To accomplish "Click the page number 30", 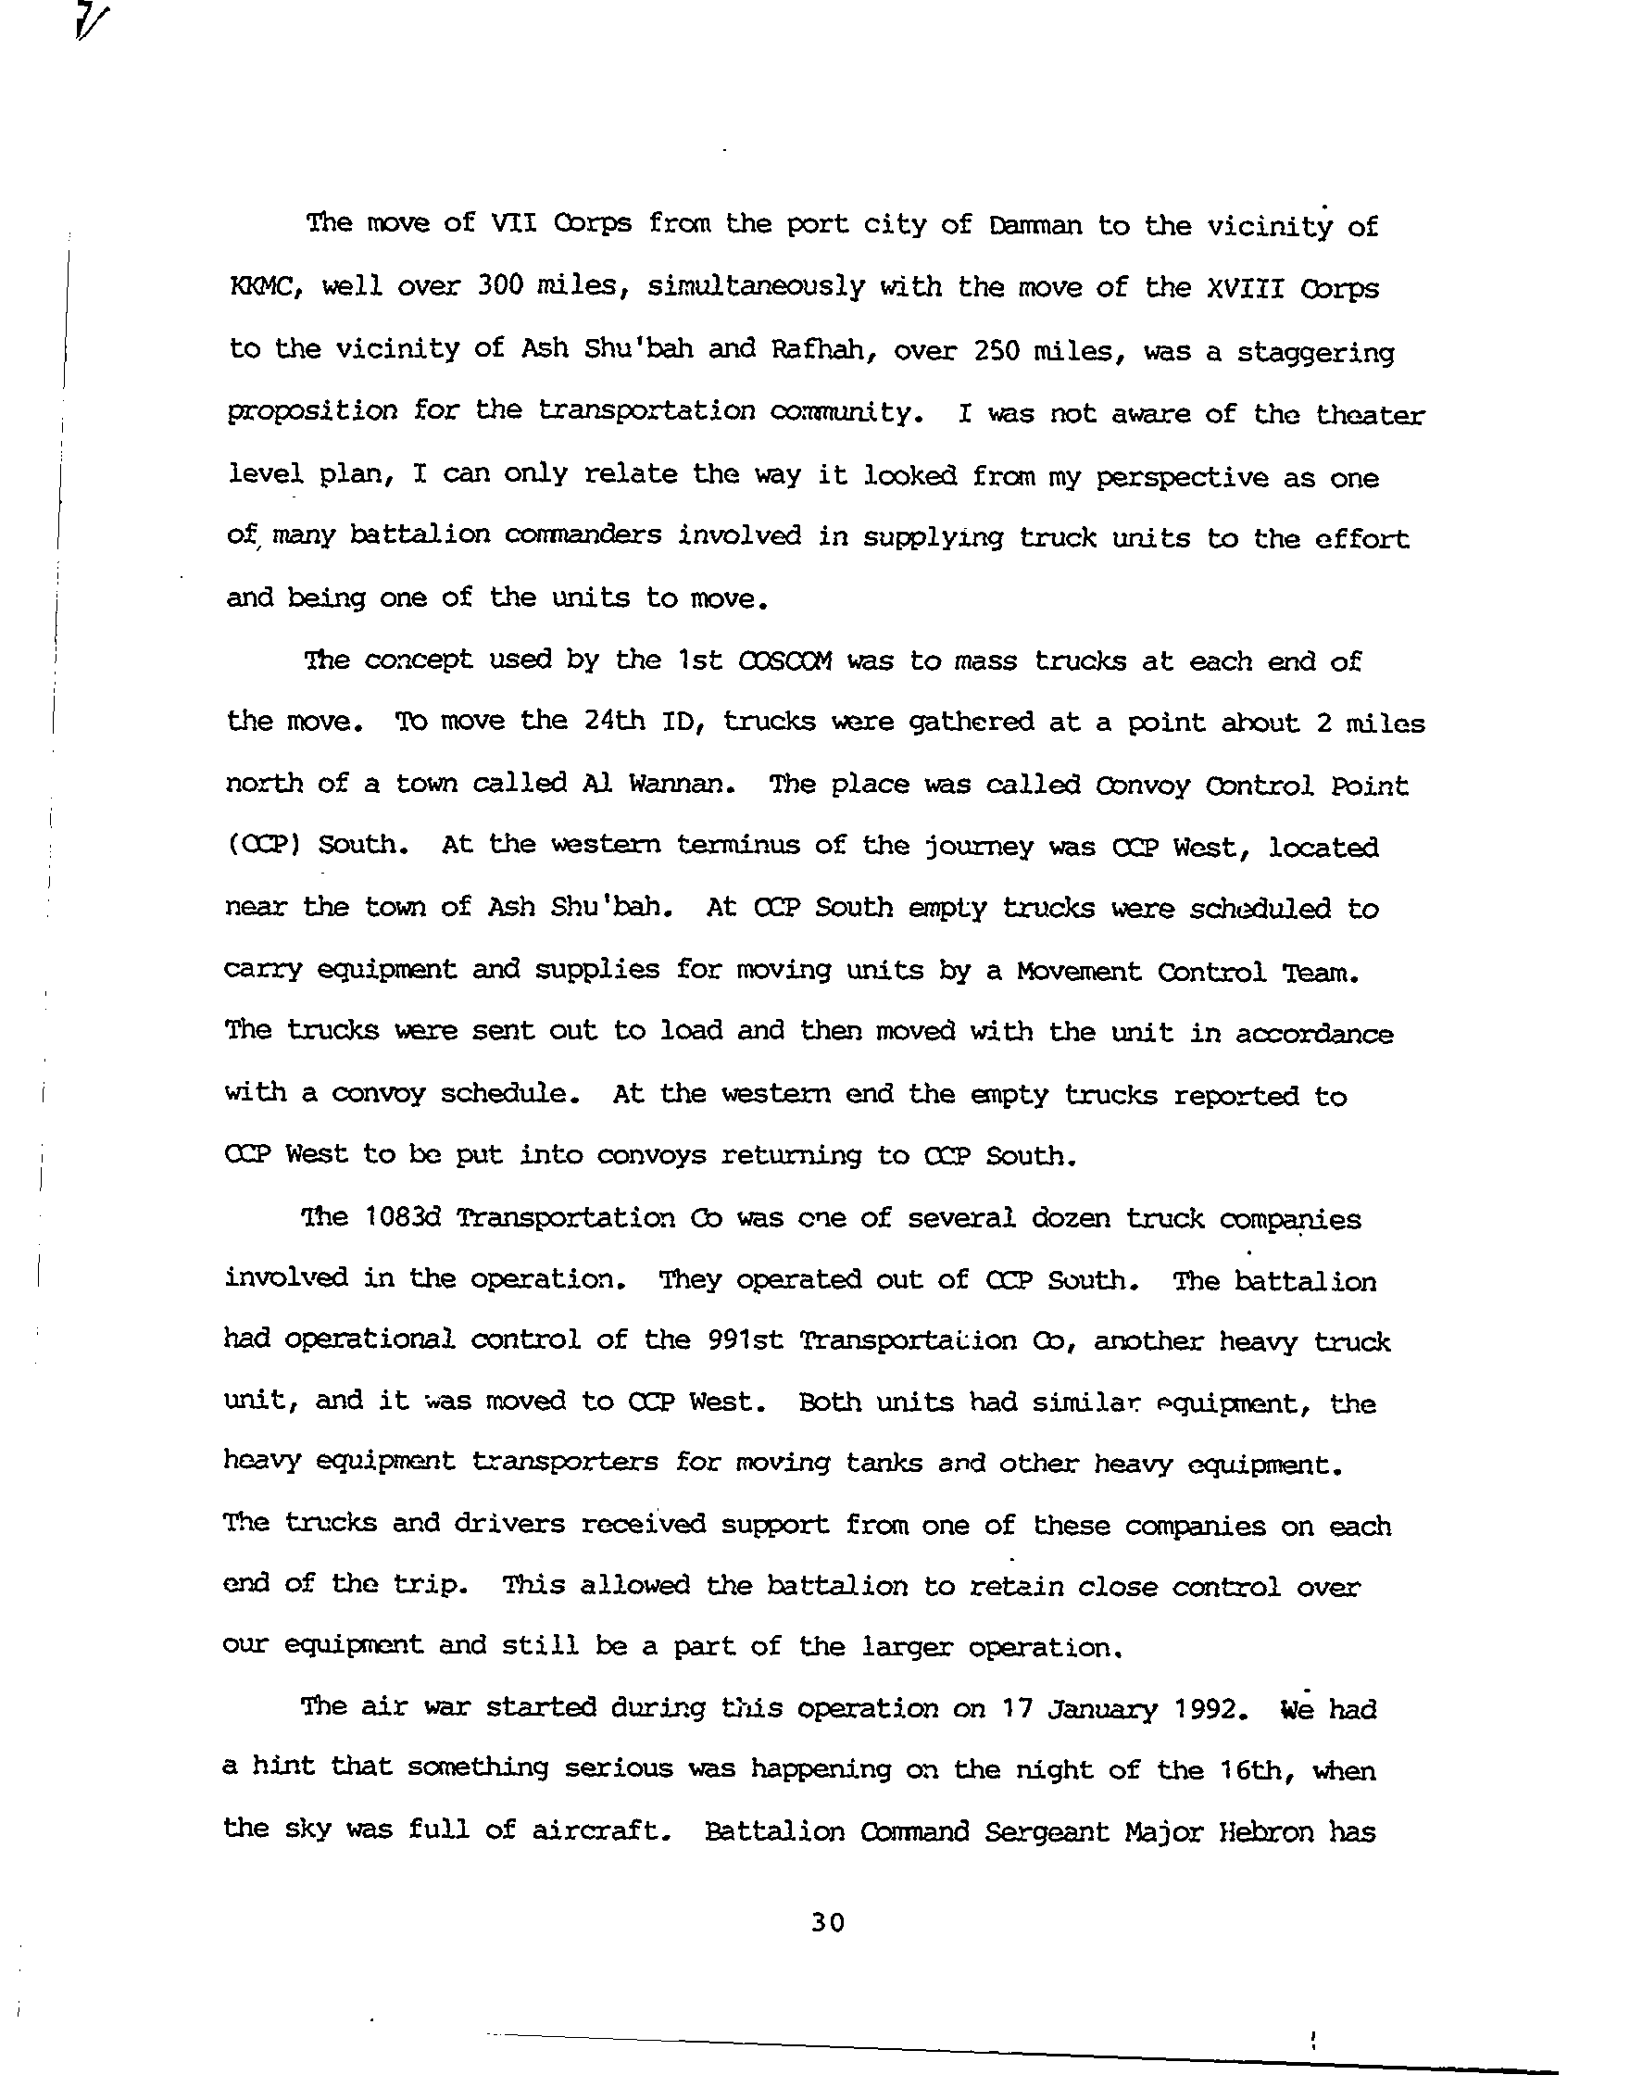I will (x=827, y=1921).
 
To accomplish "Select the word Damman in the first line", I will (x=1035, y=226).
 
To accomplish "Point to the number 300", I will (x=499, y=286).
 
